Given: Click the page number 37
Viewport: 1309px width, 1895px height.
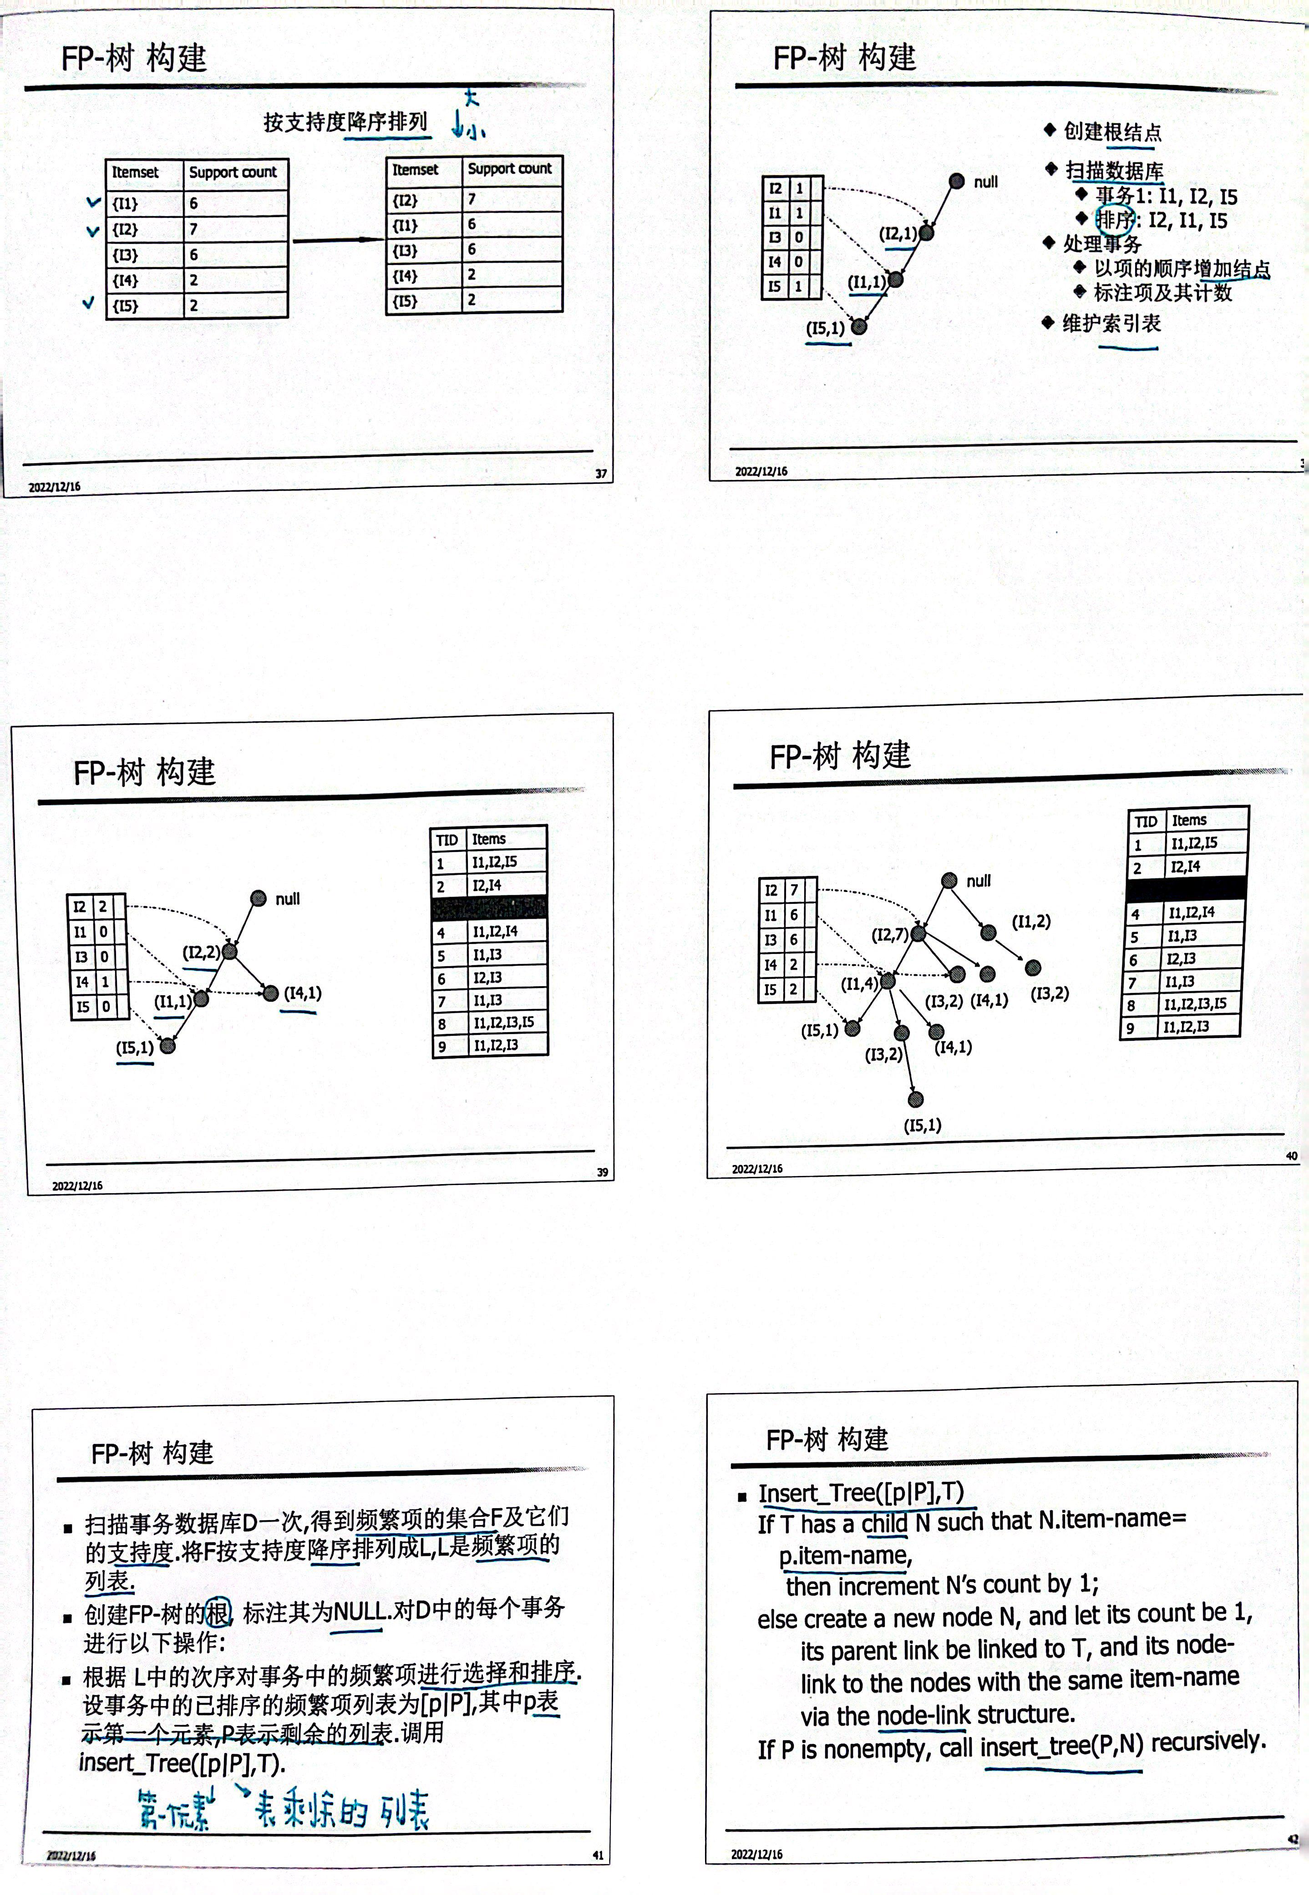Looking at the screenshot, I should tap(601, 473).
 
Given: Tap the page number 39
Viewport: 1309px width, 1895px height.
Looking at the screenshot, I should tap(603, 1173).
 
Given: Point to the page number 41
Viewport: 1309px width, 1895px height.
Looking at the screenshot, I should tap(598, 1856).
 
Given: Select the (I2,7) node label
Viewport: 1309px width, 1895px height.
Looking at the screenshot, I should tap(889, 935).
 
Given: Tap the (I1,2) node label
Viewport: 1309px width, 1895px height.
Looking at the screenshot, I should tap(1031, 922).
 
